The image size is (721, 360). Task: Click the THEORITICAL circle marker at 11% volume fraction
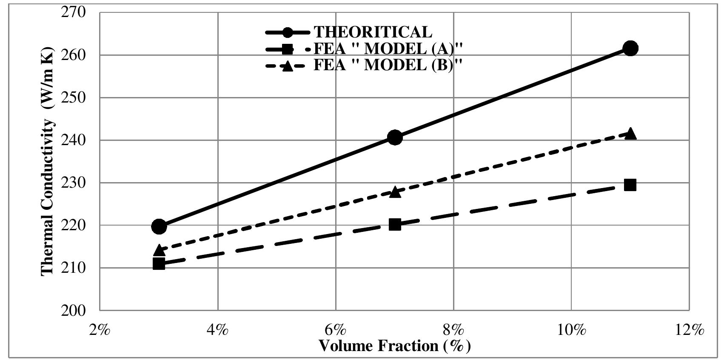click(x=630, y=48)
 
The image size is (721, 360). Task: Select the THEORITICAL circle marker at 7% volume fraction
click(x=395, y=137)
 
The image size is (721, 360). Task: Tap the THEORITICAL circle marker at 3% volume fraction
click(x=159, y=226)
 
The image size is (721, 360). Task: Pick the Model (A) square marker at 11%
click(x=630, y=185)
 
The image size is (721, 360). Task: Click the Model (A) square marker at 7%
click(x=395, y=224)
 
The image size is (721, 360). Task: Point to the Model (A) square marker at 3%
click(x=159, y=264)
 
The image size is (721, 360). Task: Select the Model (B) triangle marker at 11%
click(x=630, y=134)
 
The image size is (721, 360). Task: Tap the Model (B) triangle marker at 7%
click(x=395, y=192)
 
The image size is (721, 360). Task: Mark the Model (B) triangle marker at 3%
click(x=159, y=250)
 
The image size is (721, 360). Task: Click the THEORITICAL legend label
click(x=373, y=32)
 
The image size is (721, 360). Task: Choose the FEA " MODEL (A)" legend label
click(x=388, y=49)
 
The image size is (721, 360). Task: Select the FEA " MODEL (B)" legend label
click(x=388, y=66)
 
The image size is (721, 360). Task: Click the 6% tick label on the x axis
click(x=336, y=330)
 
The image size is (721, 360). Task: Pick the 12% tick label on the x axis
click(x=689, y=330)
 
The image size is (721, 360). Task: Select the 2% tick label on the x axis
click(x=100, y=330)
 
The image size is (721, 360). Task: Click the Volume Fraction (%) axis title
click(x=394, y=346)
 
